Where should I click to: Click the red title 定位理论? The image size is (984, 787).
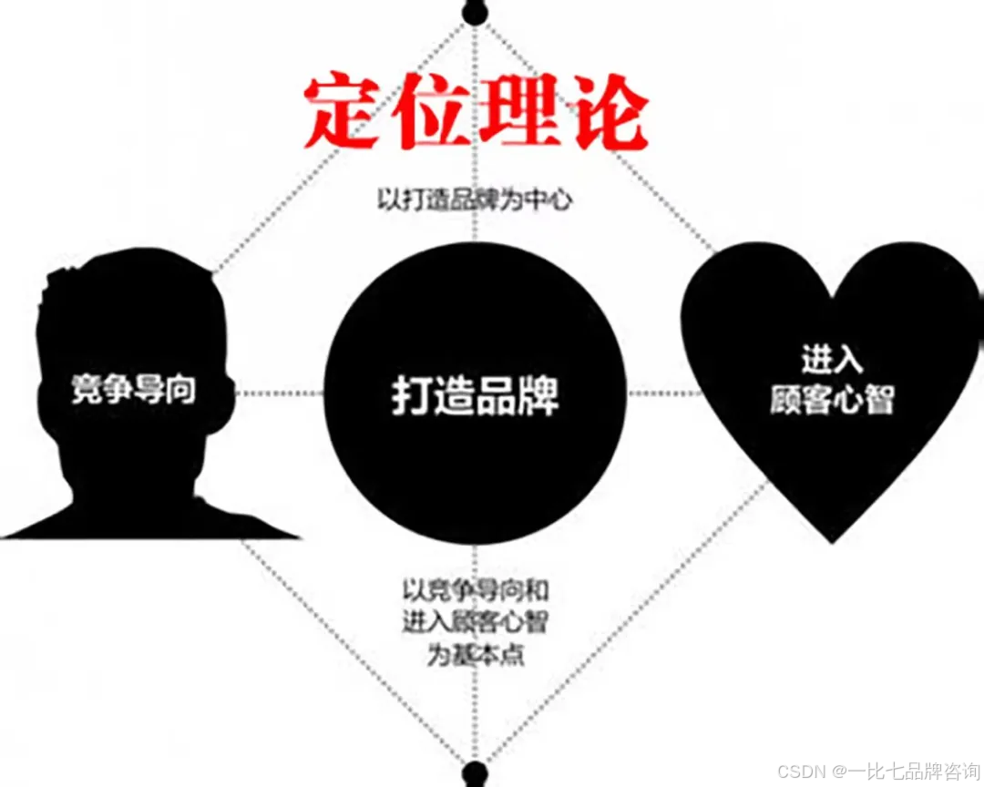(x=476, y=115)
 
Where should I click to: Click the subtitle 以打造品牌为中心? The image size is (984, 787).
(x=475, y=199)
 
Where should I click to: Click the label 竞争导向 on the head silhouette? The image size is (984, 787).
(x=134, y=390)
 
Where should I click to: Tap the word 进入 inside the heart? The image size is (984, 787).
(x=831, y=360)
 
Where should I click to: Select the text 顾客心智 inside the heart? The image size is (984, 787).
(x=831, y=400)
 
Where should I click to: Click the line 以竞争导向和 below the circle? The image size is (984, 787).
(x=475, y=591)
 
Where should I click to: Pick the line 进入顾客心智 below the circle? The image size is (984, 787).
(x=475, y=623)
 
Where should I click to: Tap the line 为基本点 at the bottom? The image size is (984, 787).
(x=475, y=655)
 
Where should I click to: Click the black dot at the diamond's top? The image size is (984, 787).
(x=473, y=12)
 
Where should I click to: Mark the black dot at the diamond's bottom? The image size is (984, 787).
(x=473, y=775)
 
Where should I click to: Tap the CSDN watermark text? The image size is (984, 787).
(x=801, y=771)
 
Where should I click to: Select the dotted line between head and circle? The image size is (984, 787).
(x=278, y=393)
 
